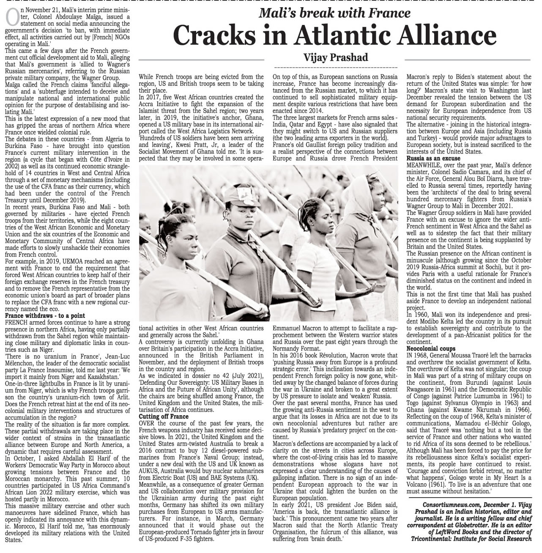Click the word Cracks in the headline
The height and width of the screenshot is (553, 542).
pos(213,36)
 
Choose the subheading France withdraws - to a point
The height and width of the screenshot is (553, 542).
pos(45,316)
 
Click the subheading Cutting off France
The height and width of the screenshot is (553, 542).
pos(164,416)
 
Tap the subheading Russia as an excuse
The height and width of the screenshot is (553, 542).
pos(433,158)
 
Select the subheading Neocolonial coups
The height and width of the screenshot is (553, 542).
pos(431,348)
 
